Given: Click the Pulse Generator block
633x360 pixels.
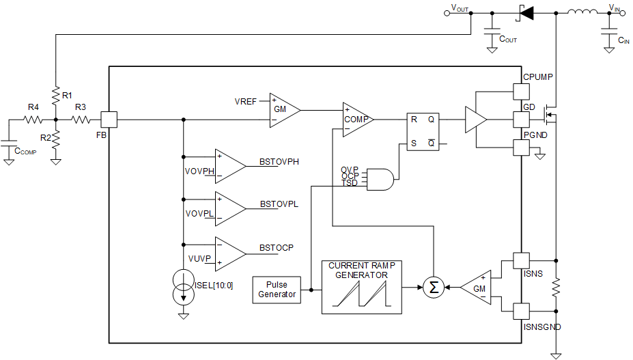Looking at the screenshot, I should pyautogui.click(x=277, y=289).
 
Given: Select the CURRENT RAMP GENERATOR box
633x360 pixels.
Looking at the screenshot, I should pyautogui.click(x=361, y=287).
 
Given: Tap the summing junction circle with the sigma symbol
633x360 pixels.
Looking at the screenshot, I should pyautogui.click(x=433, y=288).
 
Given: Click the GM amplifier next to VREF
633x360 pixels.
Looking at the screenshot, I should pyautogui.click(x=283, y=109).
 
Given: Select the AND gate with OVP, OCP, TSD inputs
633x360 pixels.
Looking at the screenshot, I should pyautogui.click(x=378, y=178).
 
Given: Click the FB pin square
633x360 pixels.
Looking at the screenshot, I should pyautogui.click(x=109, y=120).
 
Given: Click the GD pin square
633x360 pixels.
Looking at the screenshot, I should pyautogui.click(x=521, y=120).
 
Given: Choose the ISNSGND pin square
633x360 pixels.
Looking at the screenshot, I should pyautogui.click(x=521, y=311).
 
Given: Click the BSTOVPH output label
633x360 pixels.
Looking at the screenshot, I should pyautogui.click(x=279, y=162).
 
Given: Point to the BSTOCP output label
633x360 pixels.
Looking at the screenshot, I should pyautogui.click(x=277, y=247).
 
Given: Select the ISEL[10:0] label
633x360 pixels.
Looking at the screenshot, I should pyautogui.click(x=214, y=285).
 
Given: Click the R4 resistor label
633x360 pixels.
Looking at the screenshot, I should pyautogui.click(x=33, y=107).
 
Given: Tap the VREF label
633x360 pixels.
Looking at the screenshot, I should pyautogui.click(x=245, y=101).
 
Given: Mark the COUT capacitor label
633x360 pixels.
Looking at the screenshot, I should pyautogui.click(x=508, y=39).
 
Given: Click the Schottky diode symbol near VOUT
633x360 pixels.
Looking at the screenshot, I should pyautogui.click(x=525, y=12).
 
